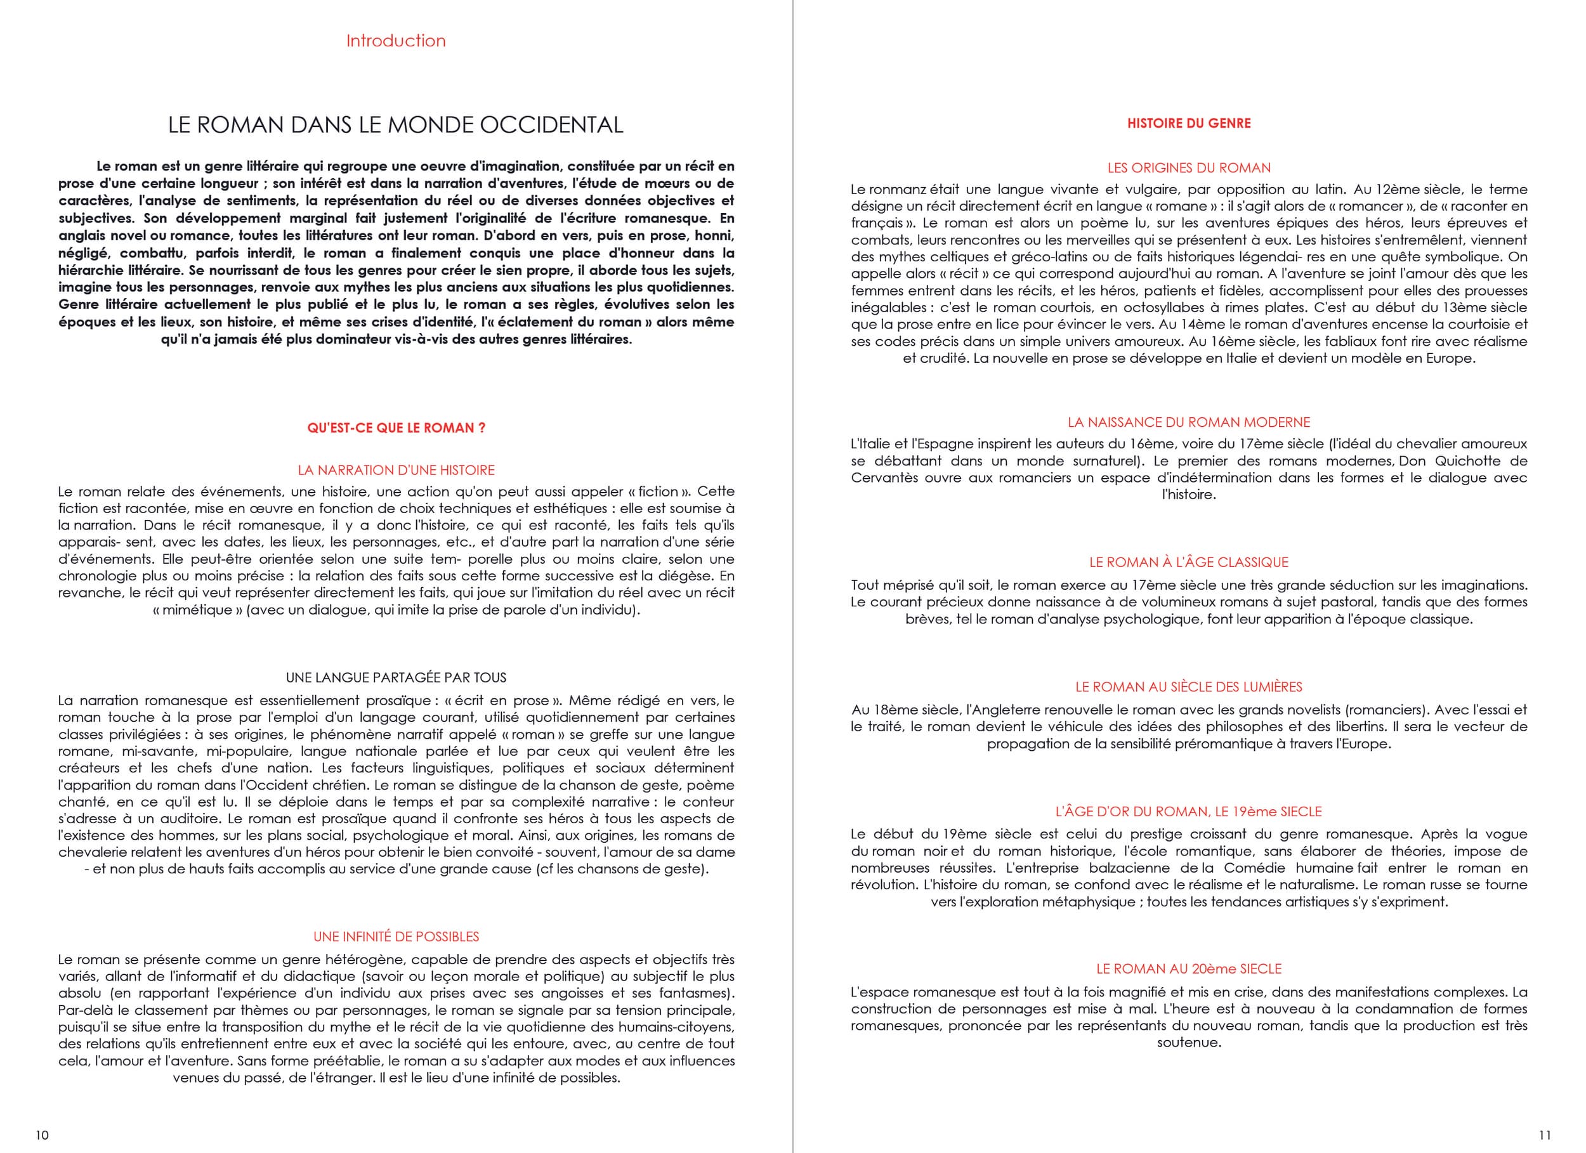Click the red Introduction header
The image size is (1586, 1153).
396,41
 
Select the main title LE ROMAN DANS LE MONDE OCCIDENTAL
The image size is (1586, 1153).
396,125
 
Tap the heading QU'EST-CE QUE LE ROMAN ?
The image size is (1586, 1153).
396,428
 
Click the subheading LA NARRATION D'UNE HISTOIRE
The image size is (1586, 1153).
396,471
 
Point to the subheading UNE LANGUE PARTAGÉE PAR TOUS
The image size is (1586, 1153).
396,677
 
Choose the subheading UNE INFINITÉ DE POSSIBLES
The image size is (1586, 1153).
396,937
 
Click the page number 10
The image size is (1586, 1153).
42,1135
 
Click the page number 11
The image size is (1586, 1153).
1545,1135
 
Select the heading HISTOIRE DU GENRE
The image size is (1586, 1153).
1189,124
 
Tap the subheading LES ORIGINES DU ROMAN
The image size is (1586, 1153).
1189,168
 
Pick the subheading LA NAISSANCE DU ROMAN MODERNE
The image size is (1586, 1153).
1189,422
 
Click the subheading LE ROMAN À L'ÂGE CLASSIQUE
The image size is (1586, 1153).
1189,562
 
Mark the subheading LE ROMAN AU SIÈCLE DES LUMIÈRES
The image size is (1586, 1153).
1189,687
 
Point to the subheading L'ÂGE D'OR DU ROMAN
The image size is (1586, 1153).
1189,812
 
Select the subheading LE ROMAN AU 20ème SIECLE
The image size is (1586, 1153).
1189,969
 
